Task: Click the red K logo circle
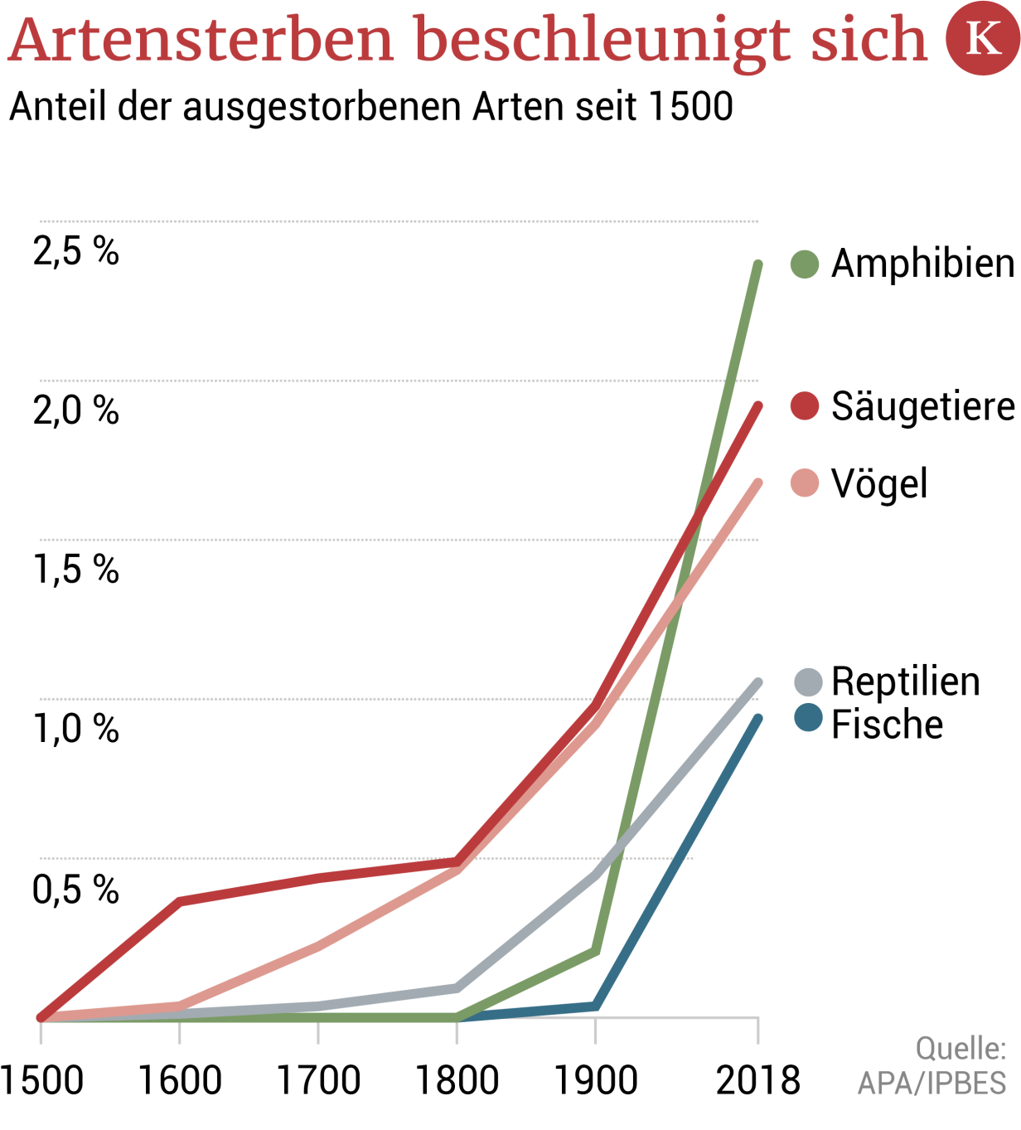[983, 38]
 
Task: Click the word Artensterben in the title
[201, 39]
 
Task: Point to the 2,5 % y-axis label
[76, 250]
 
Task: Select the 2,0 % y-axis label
[76, 410]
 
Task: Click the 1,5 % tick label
[76, 569]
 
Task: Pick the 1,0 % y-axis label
[76, 728]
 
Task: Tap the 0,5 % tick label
[76, 889]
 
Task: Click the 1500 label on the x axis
[41, 1080]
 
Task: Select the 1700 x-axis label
[318, 1080]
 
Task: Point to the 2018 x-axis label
[757, 1080]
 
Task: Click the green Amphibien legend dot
[805, 264]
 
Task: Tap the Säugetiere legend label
[922, 406]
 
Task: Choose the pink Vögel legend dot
[805, 483]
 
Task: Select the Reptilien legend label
[905, 681]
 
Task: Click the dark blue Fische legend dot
[808, 718]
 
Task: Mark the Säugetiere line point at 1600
[180, 901]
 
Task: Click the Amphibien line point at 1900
[595, 951]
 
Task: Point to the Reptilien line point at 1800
[457, 987]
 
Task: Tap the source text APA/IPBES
[931, 1083]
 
